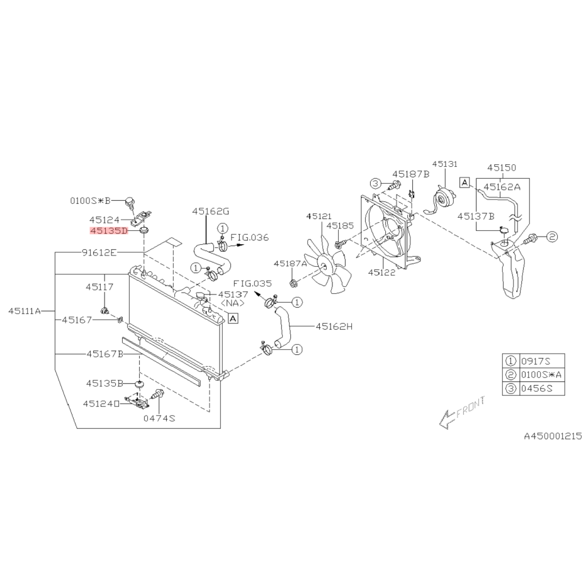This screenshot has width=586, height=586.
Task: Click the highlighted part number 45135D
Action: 109,231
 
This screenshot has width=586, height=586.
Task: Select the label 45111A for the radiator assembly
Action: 25,311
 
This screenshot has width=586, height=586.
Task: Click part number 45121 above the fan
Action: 318,217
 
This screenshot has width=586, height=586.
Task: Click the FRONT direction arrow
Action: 462,412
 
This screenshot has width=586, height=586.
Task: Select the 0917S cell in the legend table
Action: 536,361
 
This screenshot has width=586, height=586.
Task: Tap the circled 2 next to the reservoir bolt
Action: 552,237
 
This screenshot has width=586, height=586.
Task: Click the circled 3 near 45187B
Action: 376,184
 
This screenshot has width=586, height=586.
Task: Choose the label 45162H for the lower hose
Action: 334,327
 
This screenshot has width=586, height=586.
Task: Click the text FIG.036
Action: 249,238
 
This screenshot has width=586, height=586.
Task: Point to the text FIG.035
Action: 252,283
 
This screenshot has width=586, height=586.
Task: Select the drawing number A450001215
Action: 553,436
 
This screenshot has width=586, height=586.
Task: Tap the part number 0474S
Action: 159,418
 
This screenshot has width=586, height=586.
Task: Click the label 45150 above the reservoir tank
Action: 502,168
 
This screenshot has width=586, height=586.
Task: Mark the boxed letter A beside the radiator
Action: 233,318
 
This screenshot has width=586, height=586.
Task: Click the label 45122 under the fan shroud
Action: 381,273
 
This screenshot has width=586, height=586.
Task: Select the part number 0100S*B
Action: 91,201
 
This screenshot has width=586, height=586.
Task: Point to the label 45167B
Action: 105,354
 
